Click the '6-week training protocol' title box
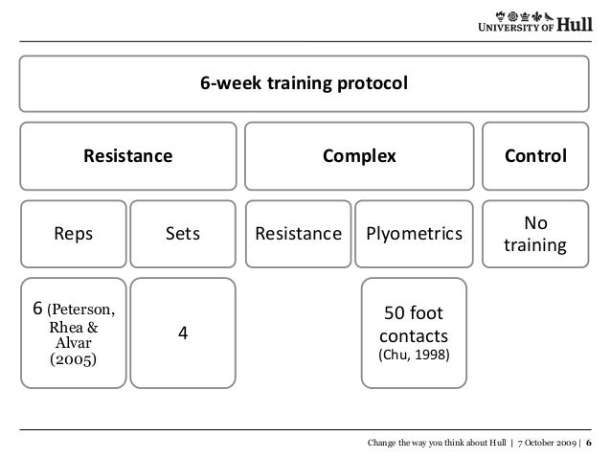coord(304,84)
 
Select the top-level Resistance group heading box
coord(129,155)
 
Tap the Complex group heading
coord(357,155)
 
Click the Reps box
coord(73,233)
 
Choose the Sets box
coord(182,233)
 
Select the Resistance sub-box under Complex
coord(297,233)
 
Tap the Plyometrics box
coord(412,233)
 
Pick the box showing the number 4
coord(182,333)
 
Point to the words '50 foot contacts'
coord(412,325)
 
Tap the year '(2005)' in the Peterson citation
coord(73,360)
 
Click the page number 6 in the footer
coord(590,443)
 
